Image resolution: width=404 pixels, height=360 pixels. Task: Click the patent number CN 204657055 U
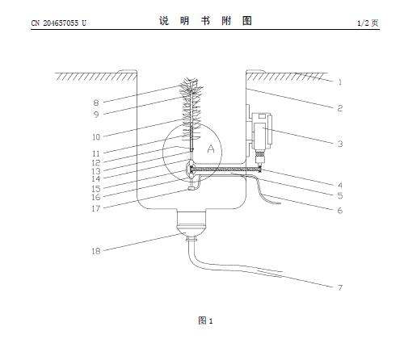tap(59, 23)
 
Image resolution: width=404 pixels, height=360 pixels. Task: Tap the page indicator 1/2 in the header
tap(363, 23)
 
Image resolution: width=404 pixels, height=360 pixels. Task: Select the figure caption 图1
tap(205, 320)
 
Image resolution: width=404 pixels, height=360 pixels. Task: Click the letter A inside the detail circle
tap(211, 149)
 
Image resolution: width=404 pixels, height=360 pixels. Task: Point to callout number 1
tap(340, 82)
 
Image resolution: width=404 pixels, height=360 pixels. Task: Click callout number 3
tap(340, 144)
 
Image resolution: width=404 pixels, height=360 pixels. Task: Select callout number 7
tap(340, 287)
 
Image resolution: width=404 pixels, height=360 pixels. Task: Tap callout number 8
tap(96, 103)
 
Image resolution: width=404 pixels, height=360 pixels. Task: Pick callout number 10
tap(96, 137)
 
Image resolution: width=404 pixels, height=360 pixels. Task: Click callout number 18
tap(96, 251)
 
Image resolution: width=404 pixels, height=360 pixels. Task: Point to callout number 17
tap(96, 208)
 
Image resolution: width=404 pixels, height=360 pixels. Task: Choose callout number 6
tap(340, 210)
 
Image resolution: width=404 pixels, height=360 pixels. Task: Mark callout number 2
tap(340, 108)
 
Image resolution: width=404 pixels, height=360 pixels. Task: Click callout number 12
tap(96, 162)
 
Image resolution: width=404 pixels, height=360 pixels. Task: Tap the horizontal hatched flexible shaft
tap(225, 170)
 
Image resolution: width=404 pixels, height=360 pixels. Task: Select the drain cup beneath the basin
tap(191, 224)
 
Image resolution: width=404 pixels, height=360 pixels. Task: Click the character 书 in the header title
tap(205, 21)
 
